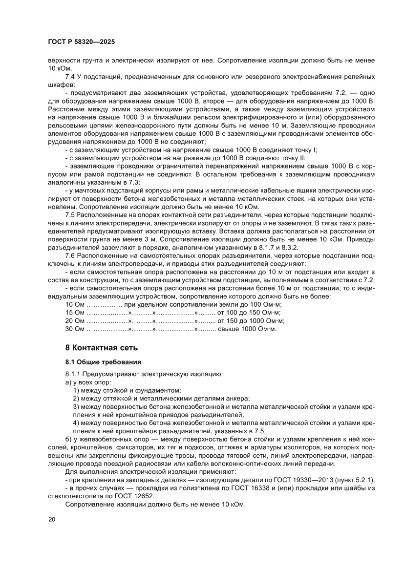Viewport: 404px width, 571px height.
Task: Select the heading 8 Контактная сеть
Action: [x=102, y=348]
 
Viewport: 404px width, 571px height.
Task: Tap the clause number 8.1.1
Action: [x=74, y=374]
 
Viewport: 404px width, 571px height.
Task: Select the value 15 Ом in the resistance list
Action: [x=75, y=312]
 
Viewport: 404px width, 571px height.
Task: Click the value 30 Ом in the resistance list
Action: [x=75, y=329]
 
